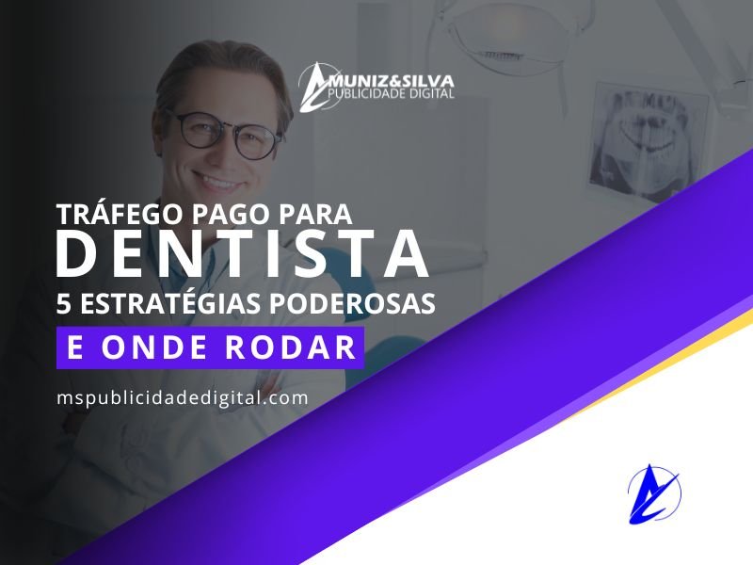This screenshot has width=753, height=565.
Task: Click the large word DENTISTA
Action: (x=243, y=253)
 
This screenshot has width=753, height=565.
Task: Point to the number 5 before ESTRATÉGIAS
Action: (x=63, y=305)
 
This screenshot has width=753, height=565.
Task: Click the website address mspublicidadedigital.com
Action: (x=183, y=397)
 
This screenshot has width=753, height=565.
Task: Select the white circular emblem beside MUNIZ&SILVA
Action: (x=316, y=86)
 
